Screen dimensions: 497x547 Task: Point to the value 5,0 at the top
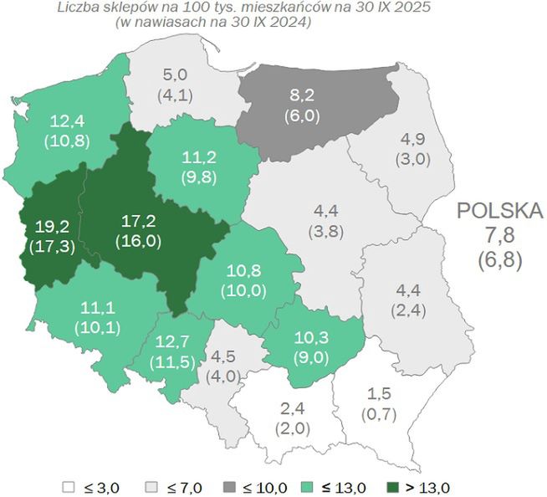point(176,75)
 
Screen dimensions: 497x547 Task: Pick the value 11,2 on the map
point(199,156)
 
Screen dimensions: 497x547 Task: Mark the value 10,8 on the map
point(243,272)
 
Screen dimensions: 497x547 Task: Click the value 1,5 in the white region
point(380,393)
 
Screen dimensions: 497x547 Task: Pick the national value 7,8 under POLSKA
point(499,235)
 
